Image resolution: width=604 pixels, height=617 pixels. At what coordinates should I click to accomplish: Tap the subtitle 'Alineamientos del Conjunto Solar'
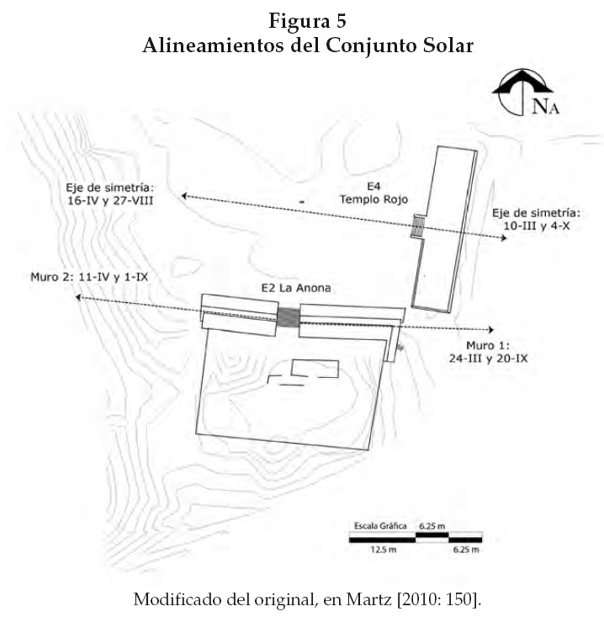(307, 45)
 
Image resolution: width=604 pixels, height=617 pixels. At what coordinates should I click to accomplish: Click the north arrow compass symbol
(523, 94)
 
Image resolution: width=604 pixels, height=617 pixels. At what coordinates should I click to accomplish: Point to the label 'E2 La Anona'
(294, 288)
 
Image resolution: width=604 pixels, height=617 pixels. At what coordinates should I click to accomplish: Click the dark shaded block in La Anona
(289, 317)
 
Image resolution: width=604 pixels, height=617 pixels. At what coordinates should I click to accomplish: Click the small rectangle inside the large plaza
(315, 368)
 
